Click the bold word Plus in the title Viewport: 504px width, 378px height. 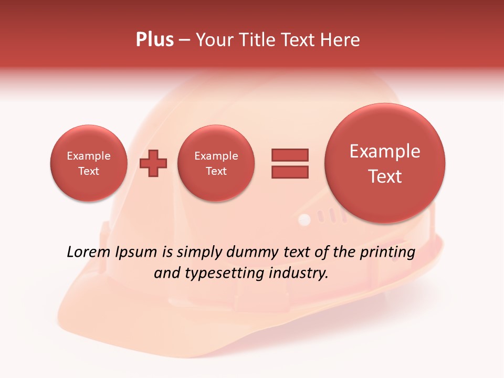coord(154,39)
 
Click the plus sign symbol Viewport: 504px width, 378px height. coord(153,163)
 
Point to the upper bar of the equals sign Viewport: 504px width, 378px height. coord(290,155)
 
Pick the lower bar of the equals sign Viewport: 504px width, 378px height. coord(290,172)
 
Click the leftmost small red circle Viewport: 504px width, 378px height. coord(89,163)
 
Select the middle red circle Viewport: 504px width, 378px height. coord(216,163)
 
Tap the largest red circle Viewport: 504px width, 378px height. coord(385,163)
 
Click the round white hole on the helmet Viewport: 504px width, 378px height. coord(304,219)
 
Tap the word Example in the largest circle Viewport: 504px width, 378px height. coord(385,151)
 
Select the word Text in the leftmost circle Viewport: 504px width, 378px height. coord(89,171)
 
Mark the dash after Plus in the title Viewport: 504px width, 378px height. coord(184,40)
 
